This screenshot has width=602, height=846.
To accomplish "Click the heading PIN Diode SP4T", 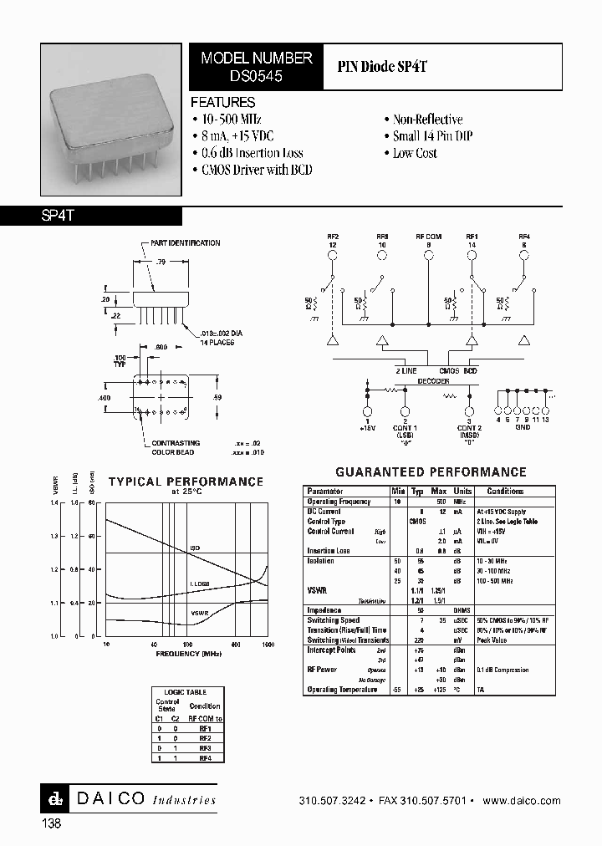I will click(383, 67).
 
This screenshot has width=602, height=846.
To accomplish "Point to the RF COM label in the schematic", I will click(429, 237).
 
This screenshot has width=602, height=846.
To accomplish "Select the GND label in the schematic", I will click(522, 427).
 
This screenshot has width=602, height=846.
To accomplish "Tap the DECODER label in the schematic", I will click(434, 380).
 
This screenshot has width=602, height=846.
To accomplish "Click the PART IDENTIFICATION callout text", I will click(186, 243).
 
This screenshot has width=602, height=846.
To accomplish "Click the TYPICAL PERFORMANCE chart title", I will click(186, 482).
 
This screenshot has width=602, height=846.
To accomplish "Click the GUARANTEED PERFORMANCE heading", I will click(431, 472).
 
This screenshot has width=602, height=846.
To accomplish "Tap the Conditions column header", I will click(505, 492).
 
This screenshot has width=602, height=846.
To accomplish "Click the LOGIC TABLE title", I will click(184, 692).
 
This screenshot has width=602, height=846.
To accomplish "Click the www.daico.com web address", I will click(522, 801).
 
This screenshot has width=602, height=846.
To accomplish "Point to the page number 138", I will click(51, 823).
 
